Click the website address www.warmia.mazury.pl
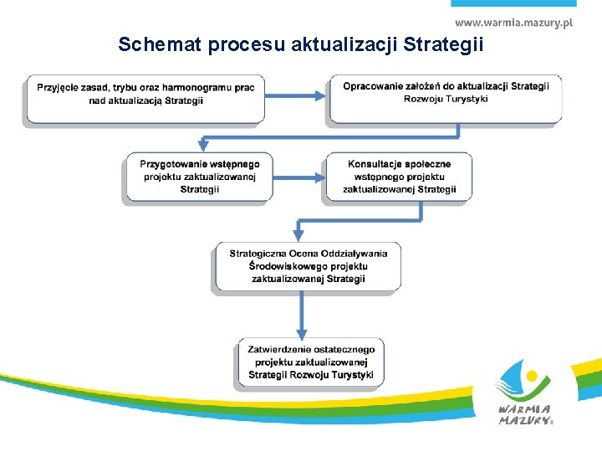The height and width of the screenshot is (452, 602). pyautogui.click(x=513, y=23)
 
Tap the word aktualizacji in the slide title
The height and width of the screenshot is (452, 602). pyautogui.click(x=347, y=44)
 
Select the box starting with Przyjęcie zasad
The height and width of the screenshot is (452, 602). pyautogui.click(x=145, y=98)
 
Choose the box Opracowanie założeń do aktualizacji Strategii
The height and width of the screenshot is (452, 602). pyautogui.click(x=445, y=97)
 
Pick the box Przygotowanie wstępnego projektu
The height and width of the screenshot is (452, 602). pyautogui.click(x=199, y=176)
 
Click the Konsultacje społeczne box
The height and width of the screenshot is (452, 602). pyautogui.click(x=399, y=176)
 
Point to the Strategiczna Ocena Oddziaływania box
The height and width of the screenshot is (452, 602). pyautogui.click(x=307, y=265)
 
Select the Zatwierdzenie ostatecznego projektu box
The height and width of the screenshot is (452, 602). pyautogui.click(x=310, y=362)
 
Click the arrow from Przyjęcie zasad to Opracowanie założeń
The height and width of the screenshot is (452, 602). pyautogui.click(x=297, y=95)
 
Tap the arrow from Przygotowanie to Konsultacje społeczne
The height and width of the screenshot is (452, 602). pyautogui.click(x=298, y=177)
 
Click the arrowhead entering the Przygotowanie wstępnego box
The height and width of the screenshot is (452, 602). pyautogui.click(x=203, y=145)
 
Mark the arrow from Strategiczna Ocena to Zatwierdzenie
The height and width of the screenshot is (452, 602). pyautogui.click(x=303, y=314)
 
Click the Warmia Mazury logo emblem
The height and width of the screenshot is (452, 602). pyautogui.click(x=523, y=381)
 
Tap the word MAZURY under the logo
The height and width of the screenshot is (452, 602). pyautogui.click(x=523, y=421)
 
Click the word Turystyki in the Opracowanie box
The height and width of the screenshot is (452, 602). pyautogui.click(x=467, y=100)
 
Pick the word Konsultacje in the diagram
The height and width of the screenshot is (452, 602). pyautogui.click(x=375, y=164)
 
